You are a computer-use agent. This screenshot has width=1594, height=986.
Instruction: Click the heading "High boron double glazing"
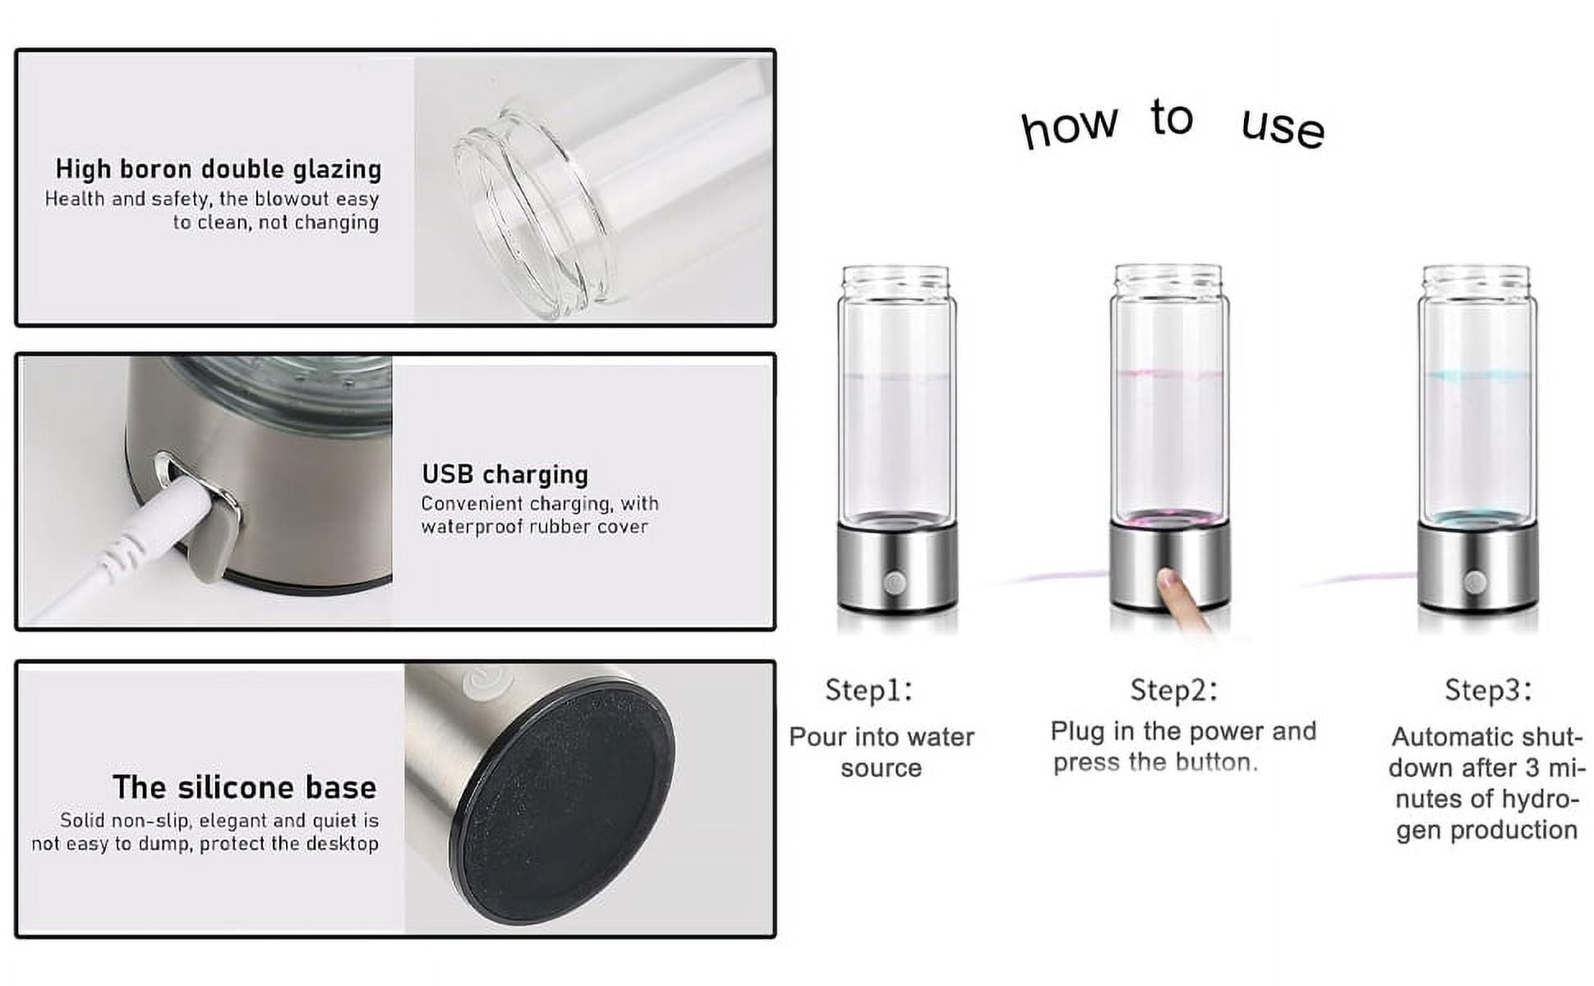[x=219, y=168]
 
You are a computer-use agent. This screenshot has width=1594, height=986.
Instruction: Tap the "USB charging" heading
[x=505, y=474]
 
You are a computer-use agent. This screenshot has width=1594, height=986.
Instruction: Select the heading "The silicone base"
[x=245, y=787]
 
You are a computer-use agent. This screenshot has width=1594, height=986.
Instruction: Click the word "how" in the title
[x=1069, y=127]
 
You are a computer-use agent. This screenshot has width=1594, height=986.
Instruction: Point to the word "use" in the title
[x=1283, y=128]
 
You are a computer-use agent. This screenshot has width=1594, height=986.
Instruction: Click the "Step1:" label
[x=868, y=689]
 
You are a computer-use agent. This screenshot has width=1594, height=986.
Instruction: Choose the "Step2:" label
[x=1173, y=689]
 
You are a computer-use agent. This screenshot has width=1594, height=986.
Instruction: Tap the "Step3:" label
[x=1488, y=689]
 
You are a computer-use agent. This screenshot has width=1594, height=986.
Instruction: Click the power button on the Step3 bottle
[x=1474, y=582]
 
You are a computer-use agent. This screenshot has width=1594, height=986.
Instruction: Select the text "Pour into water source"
[x=882, y=752]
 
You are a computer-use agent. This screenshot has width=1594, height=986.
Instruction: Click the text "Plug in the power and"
[x=1183, y=730]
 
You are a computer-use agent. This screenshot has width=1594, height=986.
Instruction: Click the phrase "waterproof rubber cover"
[x=535, y=527]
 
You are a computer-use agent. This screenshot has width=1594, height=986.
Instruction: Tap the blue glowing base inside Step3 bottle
[x=1477, y=519]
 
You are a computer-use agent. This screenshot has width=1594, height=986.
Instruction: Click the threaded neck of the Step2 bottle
[x=1168, y=279]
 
